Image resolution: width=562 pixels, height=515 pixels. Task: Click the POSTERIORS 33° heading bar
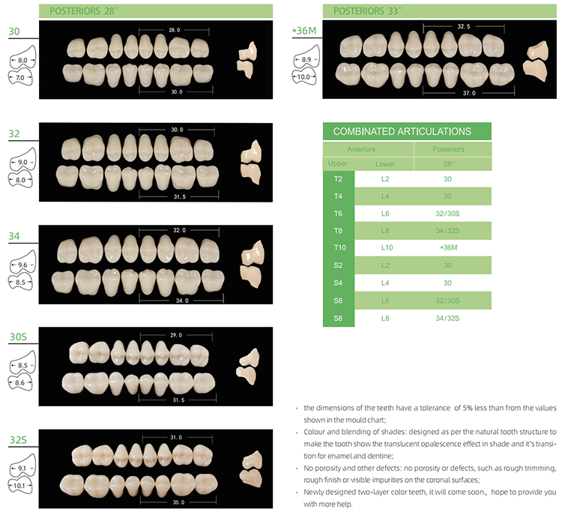point(407,10)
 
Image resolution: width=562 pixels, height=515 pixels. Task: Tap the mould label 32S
point(18,440)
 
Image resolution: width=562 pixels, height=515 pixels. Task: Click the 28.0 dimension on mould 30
point(175,30)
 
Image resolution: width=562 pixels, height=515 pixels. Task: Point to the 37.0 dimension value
point(470,94)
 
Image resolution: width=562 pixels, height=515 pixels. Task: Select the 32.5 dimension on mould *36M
point(463,25)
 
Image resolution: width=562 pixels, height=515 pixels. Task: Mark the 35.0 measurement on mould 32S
point(177,502)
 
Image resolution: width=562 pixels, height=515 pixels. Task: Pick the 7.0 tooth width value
point(21,77)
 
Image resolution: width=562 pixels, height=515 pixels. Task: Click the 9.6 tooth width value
point(22,265)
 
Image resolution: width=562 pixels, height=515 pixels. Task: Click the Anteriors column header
point(367,149)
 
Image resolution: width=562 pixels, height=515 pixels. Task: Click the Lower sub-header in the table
point(385,163)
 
